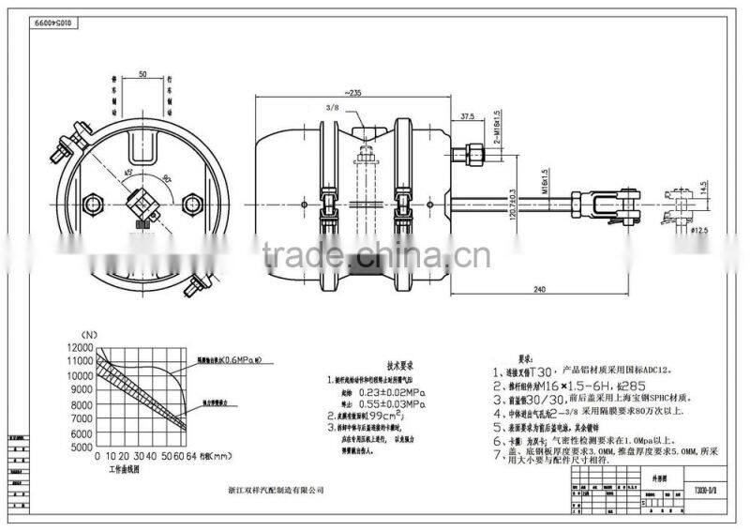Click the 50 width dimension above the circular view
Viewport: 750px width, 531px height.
(x=142, y=72)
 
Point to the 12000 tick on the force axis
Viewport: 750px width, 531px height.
(x=80, y=348)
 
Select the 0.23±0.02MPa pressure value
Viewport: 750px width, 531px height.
(x=379, y=391)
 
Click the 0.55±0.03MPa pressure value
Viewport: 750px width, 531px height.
(x=379, y=403)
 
